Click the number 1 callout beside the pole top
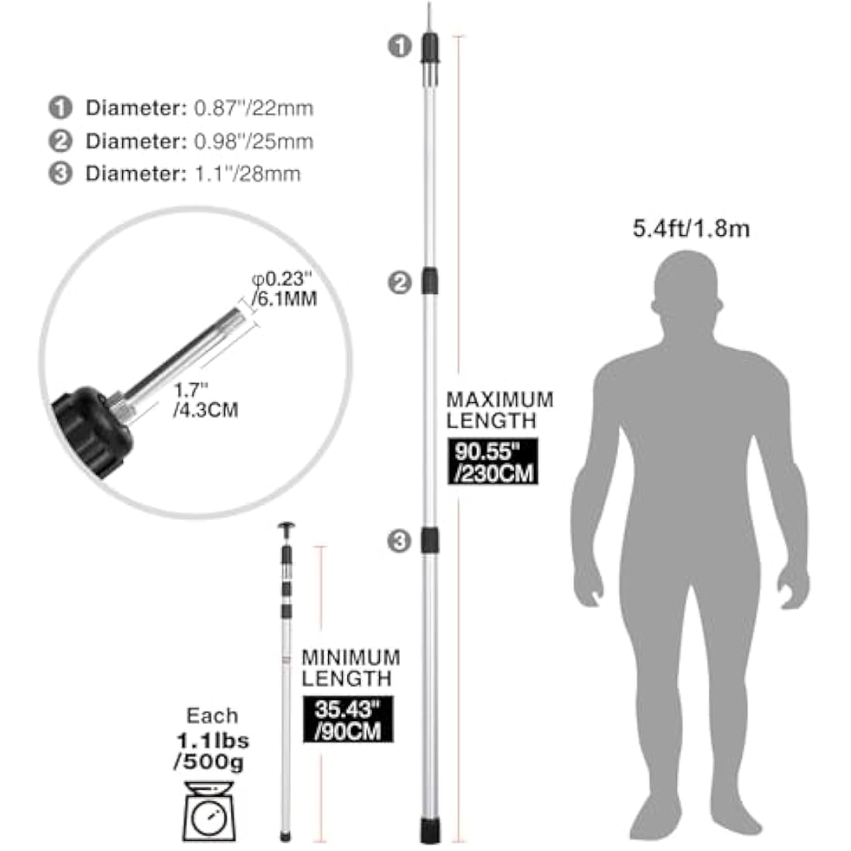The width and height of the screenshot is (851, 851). (x=399, y=46)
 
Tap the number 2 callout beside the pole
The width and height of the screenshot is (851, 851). (x=399, y=282)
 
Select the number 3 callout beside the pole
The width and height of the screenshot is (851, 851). (x=399, y=541)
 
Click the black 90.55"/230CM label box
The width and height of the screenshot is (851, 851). (x=492, y=461)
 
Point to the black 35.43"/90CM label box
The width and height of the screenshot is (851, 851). (x=348, y=719)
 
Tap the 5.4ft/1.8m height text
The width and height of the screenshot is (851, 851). (x=691, y=228)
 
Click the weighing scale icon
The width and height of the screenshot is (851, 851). (x=210, y=811)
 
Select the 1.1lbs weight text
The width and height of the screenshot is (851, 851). (x=213, y=741)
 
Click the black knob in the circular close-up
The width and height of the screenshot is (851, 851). (x=91, y=432)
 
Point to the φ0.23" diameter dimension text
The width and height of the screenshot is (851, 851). (x=282, y=279)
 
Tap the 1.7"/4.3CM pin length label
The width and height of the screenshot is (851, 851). (x=206, y=400)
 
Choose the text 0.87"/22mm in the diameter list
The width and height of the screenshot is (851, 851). (x=254, y=108)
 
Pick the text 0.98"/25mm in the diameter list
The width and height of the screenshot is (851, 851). (x=254, y=141)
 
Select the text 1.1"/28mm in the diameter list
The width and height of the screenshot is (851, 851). (x=247, y=173)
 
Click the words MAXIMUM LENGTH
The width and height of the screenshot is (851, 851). (x=499, y=410)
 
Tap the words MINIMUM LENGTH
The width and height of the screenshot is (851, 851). (x=350, y=668)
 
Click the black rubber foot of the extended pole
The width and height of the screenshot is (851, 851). (x=430, y=831)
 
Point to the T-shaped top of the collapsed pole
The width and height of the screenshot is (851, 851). (x=286, y=531)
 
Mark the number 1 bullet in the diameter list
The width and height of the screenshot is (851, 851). (x=60, y=108)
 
